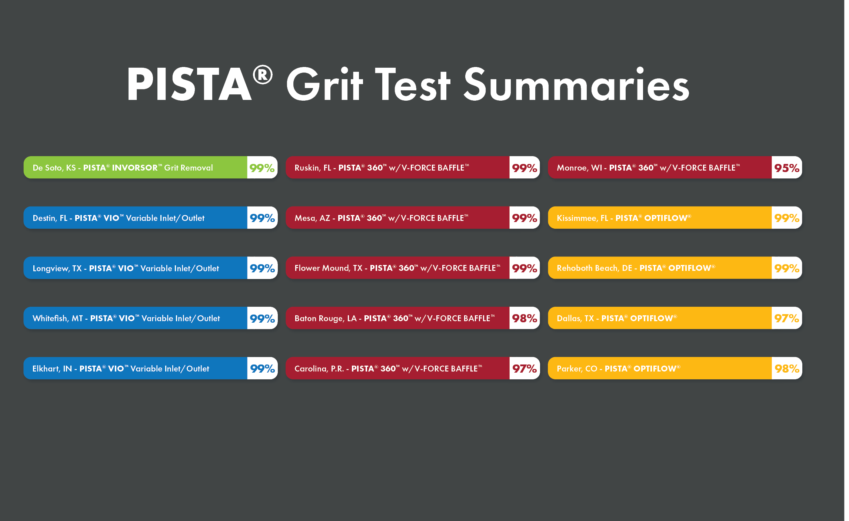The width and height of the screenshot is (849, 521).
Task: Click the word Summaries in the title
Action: [x=576, y=84]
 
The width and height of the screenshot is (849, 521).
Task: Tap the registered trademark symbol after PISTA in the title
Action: [x=263, y=75]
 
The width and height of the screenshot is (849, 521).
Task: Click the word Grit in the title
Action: [x=324, y=84]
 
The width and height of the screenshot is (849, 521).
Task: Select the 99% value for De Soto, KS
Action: [x=262, y=168]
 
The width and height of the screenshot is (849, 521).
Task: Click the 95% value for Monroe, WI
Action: [x=787, y=168]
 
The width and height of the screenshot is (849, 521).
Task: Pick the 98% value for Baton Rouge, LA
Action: [x=525, y=318]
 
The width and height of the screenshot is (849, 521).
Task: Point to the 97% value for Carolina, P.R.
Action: [x=525, y=369]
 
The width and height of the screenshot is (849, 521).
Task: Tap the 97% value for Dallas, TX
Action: [x=787, y=318]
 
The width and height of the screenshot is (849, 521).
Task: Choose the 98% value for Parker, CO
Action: [x=787, y=369]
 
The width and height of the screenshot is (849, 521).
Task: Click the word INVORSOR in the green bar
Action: [x=135, y=168]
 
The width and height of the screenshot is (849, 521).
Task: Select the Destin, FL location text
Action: [x=50, y=218]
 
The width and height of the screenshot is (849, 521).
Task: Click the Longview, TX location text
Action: [x=57, y=269]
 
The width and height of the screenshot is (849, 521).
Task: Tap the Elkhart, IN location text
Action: [x=52, y=369]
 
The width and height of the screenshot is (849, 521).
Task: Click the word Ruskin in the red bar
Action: [x=307, y=168]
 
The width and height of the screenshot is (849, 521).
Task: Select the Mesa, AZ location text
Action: [x=312, y=218]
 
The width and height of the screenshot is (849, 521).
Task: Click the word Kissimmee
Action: [x=577, y=218]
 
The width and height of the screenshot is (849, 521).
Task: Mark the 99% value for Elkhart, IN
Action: [x=262, y=369]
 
